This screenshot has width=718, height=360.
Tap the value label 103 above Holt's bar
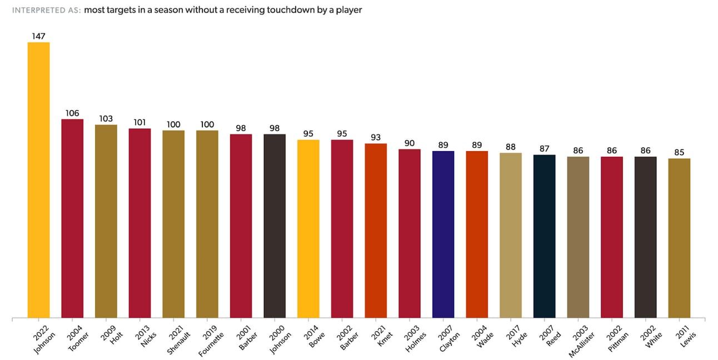pos(106,119)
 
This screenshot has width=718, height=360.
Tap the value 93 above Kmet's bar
pos(376,137)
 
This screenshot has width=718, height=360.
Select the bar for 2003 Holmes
pos(410,233)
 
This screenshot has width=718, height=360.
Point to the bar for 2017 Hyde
pos(511,236)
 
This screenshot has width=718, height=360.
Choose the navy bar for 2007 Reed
pos(544,236)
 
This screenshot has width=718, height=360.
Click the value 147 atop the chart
pos(39,36)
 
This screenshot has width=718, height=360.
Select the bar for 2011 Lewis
pos(679,238)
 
